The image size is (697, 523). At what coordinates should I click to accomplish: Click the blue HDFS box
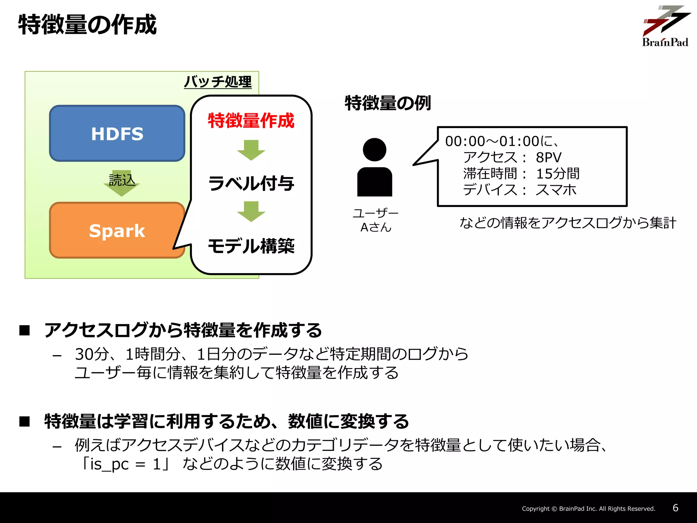(117, 133)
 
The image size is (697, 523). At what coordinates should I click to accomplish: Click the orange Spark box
(117, 231)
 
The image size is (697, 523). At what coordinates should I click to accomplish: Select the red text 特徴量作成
(251, 121)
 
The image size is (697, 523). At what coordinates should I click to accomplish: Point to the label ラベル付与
(251, 183)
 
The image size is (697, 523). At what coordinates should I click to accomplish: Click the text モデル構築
(251, 246)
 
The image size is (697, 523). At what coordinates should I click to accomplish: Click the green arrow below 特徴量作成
(251, 150)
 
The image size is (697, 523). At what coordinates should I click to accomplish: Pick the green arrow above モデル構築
(251, 211)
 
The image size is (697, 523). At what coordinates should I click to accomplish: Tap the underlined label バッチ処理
(218, 82)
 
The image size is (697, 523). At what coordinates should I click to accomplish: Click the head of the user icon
(374, 149)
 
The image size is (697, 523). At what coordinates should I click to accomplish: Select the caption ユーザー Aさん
(375, 220)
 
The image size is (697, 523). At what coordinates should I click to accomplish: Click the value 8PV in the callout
(548, 157)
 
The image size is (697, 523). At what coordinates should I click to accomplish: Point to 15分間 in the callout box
(558, 174)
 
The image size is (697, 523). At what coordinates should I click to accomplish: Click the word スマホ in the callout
(556, 190)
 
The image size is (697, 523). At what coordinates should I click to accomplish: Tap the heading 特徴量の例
(388, 103)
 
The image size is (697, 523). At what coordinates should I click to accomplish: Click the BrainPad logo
(665, 26)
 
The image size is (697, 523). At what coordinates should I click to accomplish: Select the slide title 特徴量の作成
(87, 25)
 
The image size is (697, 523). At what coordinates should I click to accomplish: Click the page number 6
(676, 508)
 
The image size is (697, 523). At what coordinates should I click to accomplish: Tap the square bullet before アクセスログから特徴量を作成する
(25, 330)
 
